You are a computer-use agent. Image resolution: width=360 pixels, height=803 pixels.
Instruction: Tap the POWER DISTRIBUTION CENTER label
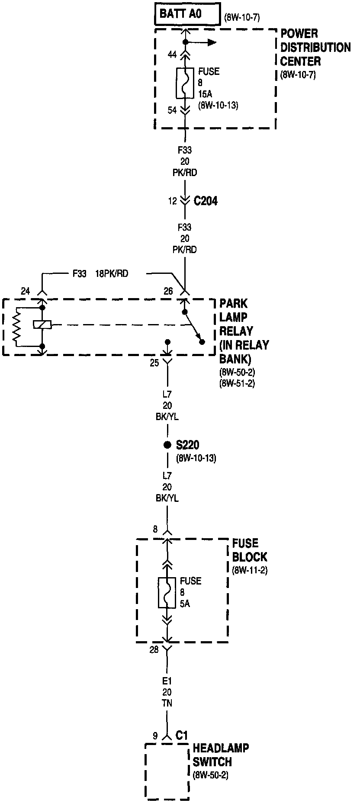pyautogui.click(x=315, y=47)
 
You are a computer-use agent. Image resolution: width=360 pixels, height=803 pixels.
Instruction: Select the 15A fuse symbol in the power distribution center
pyautogui.click(x=185, y=83)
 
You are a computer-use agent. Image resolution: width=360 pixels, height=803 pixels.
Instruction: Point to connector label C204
pyautogui.click(x=206, y=201)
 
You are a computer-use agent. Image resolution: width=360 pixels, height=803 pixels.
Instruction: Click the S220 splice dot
pyautogui.click(x=167, y=445)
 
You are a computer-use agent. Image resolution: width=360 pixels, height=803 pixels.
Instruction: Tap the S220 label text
pyautogui.click(x=188, y=445)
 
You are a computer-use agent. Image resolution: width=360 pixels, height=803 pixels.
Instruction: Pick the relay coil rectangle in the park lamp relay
pyautogui.click(x=42, y=324)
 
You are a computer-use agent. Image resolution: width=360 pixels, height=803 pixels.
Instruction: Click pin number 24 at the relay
pyautogui.click(x=26, y=291)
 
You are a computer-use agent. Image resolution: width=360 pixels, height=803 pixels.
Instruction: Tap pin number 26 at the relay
pyautogui.click(x=168, y=291)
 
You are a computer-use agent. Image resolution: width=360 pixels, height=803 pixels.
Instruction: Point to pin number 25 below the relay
pyautogui.click(x=154, y=363)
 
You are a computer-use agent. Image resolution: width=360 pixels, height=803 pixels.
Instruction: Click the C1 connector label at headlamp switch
pyautogui.click(x=182, y=735)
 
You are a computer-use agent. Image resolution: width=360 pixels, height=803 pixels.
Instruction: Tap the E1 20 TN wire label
pyautogui.click(x=167, y=692)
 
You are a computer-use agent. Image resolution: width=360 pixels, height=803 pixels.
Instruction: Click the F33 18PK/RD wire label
pyautogui.click(x=100, y=274)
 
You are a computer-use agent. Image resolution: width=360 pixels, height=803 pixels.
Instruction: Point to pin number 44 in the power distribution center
pyautogui.click(x=172, y=55)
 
